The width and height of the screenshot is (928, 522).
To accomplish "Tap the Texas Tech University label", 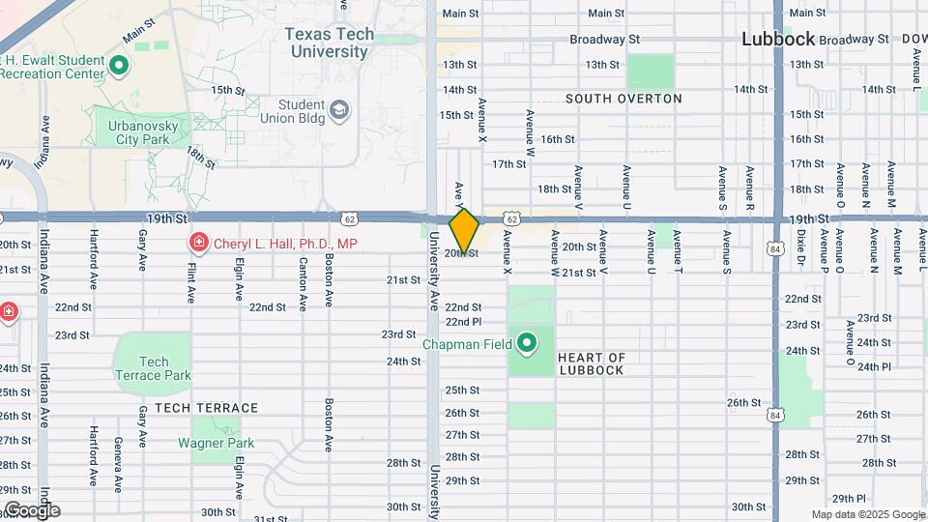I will coord(330,43).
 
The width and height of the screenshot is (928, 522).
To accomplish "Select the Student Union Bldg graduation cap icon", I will coord(339,111).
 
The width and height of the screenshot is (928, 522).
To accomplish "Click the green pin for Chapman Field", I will coord(528,343).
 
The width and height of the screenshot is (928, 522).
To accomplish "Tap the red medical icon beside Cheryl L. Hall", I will coord(198,243).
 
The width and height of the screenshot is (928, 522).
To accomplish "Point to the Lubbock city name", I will coord(779,40).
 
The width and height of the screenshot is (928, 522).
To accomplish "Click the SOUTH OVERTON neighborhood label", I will coord(623,99).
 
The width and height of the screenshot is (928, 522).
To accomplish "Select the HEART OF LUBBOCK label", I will coord(592,364).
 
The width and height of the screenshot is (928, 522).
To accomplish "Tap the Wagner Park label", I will coord(216,444).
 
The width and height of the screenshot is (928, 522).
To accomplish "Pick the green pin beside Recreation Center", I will coord(119,66).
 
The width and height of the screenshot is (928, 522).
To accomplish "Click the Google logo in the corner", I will coord(31,509).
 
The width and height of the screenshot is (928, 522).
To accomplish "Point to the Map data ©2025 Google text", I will coord(867,514).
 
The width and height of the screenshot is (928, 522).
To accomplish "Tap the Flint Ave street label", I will coord(191,281).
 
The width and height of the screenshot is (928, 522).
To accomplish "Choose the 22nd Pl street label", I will coord(463,322).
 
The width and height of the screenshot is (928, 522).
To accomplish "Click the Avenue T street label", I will coord(677,249).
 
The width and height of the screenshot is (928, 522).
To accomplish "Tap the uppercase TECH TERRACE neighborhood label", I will coord(206,408).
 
